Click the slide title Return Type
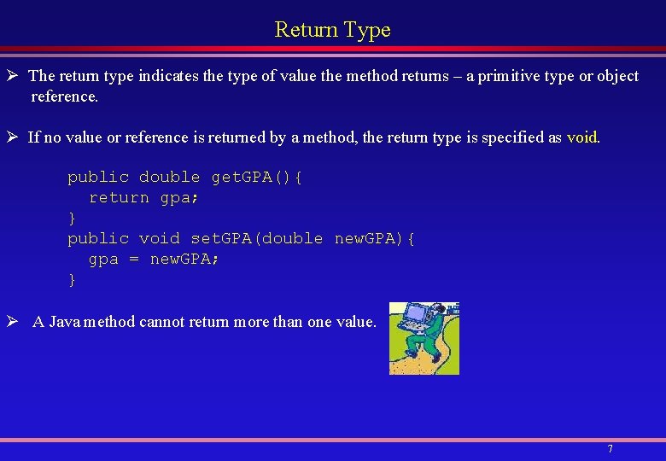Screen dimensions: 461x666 (x=332, y=30)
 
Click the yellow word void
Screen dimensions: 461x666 (x=582, y=137)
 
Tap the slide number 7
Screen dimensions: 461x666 (x=610, y=448)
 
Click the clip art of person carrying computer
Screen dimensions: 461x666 (x=424, y=338)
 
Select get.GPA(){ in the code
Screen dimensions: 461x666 (x=257, y=178)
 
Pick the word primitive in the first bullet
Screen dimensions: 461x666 (x=507, y=76)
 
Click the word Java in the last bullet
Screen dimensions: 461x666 (x=66, y=322)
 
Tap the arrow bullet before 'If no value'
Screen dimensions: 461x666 (x=15, y=137)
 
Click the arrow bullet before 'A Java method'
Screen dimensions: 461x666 (x=15, y=322)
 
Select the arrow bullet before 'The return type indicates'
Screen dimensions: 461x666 (x=15, y=76)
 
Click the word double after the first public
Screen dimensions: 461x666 (x=169, y=178)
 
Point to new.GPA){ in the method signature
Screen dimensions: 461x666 (x=375, y=239)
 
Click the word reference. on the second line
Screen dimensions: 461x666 (x=65, y=96)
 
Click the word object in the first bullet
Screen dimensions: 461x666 (x=617, y=76)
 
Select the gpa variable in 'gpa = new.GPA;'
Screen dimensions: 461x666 (x=103, y=260)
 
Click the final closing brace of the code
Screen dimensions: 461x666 (x=72, y=280)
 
